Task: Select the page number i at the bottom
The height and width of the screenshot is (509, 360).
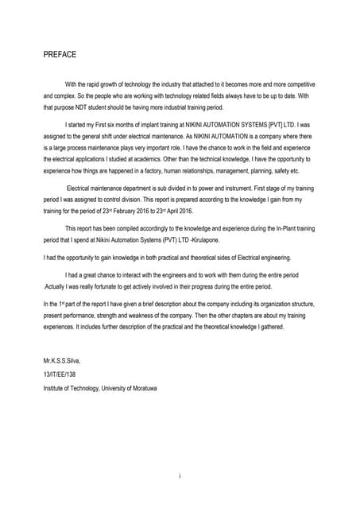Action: [180, 475]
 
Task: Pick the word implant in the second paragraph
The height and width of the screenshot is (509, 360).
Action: [151, 125]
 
